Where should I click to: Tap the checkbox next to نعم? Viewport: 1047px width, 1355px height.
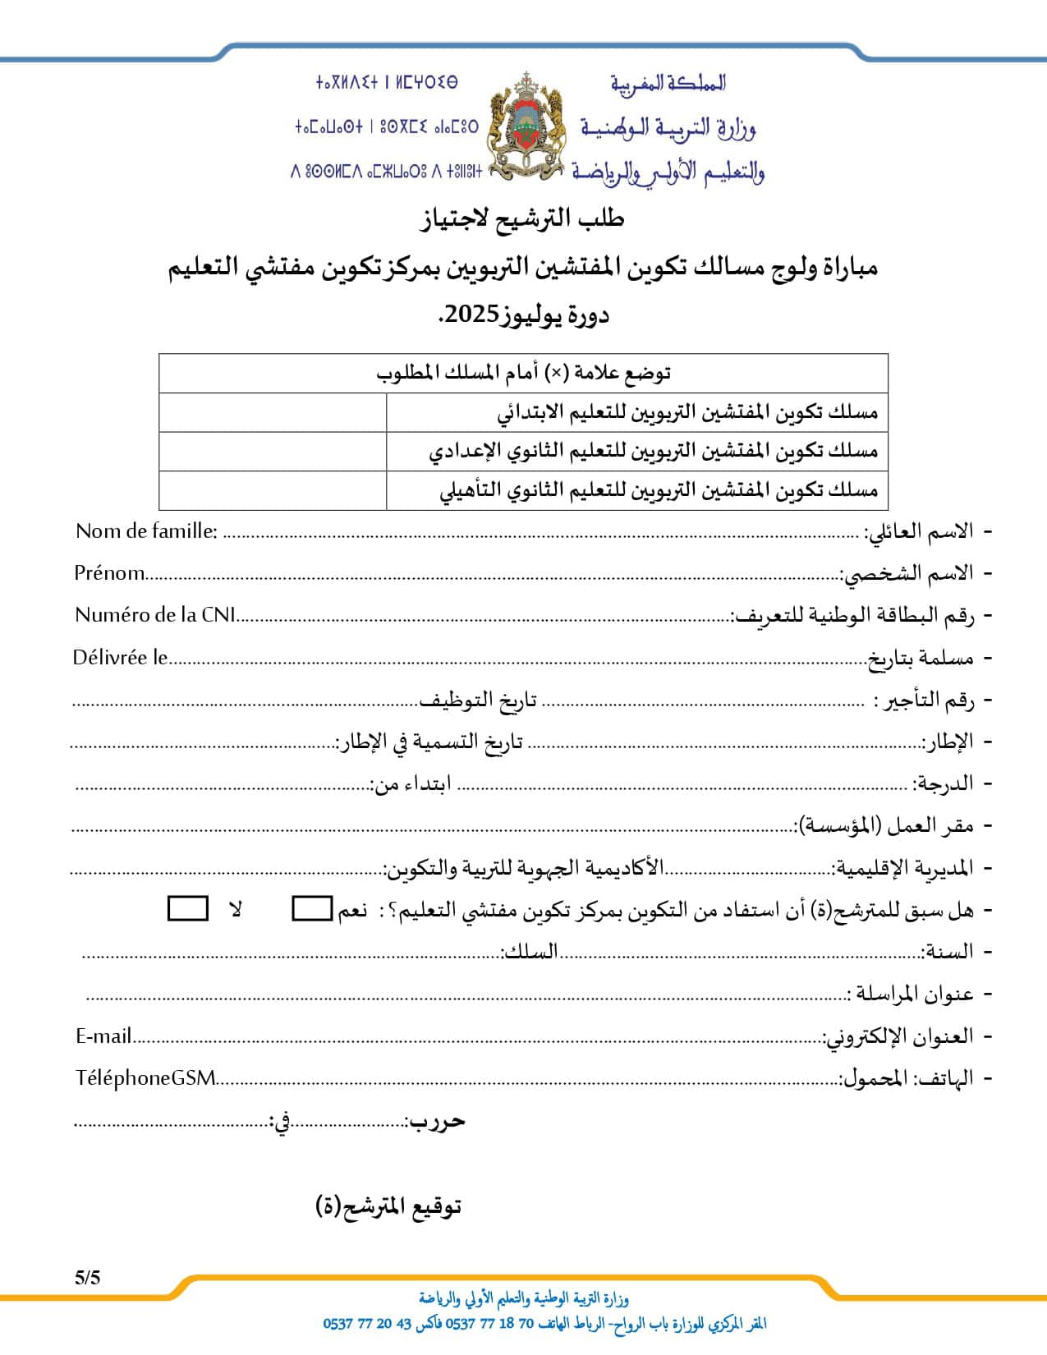pos(312,908)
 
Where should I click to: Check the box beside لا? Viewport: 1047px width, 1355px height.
pos(187,908)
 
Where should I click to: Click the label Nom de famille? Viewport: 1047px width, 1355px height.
pos(146,531)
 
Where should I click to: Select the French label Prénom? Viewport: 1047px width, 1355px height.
pos(109,572)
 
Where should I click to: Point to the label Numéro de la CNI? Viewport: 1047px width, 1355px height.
pos(155,614)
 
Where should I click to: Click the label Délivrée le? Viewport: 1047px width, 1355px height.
pos(120,657)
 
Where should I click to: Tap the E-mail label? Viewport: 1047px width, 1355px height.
pos(103,1036)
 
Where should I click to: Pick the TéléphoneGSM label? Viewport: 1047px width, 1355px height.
pos(145,1077)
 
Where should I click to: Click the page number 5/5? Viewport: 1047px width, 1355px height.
pos(87,1277)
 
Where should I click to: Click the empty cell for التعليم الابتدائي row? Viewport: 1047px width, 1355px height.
pos(272,412)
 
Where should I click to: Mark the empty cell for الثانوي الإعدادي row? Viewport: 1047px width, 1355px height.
pos(272,451)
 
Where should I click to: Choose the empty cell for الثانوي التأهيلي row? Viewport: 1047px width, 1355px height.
pos(272,490)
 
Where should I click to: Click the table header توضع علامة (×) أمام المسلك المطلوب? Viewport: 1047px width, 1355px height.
pos(523,373)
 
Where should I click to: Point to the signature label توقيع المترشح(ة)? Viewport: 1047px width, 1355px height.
pos(388,1206)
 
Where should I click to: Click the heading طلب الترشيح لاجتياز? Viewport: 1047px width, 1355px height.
pos(523,218)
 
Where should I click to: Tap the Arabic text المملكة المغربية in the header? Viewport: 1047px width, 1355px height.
pos(668,82)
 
